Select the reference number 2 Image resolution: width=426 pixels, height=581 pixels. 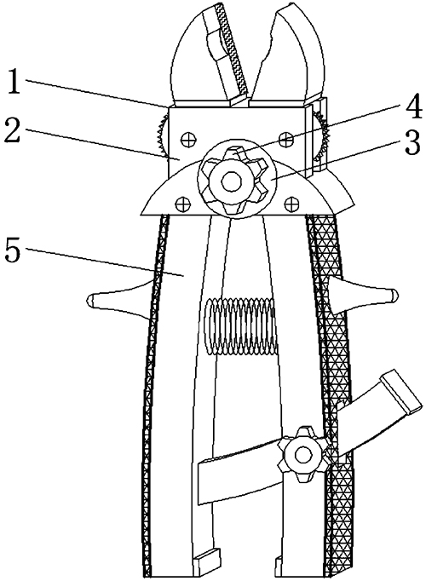click(x=12, y=130)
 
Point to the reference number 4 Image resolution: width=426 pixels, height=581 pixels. click(x=413, y=106)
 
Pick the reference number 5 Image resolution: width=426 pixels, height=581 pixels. click(x=14, y=250)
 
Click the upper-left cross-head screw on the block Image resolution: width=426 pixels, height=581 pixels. click(x=187, y=140)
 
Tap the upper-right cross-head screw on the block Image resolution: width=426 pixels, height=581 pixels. click(x=285, y=140)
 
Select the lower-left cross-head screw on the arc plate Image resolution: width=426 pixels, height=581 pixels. click(x=181, y=203)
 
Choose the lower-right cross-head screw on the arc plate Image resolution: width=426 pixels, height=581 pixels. click(x=291, y=203)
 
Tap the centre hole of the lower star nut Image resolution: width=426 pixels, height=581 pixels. click(x=303, y=454)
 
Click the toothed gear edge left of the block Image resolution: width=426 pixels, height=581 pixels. click(x=164, y=136)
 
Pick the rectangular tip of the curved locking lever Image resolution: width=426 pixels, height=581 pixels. click(x=402, y=392)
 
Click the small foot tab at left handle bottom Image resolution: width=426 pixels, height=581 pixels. click(x=207, y=559)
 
